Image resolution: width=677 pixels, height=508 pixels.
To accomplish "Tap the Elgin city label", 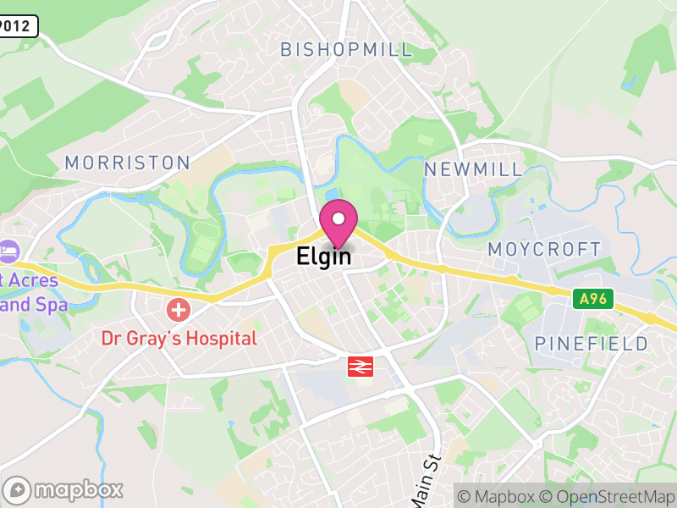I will coord(323,257).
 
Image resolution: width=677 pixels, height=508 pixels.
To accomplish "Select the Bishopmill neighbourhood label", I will coord(347,49).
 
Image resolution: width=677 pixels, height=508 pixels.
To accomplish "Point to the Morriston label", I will coord(128,163).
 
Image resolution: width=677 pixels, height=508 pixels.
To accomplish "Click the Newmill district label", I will coord(474,169).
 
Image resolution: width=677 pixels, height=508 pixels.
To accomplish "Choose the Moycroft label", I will coord(544,250).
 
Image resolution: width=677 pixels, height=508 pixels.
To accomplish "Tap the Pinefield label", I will coord(592,344).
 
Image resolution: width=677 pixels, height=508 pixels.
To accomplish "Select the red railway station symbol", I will coord(361,366).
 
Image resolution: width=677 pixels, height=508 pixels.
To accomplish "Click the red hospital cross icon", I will coord(179,309).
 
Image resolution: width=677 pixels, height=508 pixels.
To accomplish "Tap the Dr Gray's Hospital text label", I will coord(179,339).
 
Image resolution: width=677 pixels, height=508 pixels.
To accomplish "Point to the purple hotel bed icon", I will coord(8,251).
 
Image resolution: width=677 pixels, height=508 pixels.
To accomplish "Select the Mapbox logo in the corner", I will coord(63,489).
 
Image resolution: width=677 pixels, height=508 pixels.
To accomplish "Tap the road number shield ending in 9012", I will coord(19,26).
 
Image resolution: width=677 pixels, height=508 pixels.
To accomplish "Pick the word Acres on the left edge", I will coord(33,280).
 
